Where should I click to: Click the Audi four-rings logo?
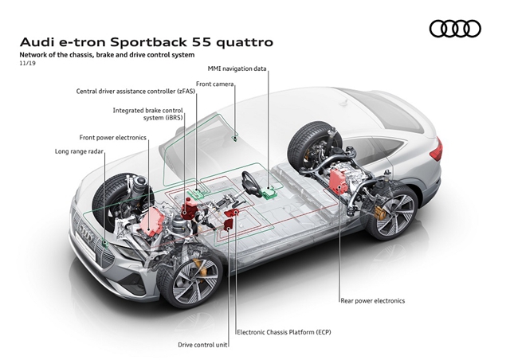(455, 29)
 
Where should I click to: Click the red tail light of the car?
(434, 151)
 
